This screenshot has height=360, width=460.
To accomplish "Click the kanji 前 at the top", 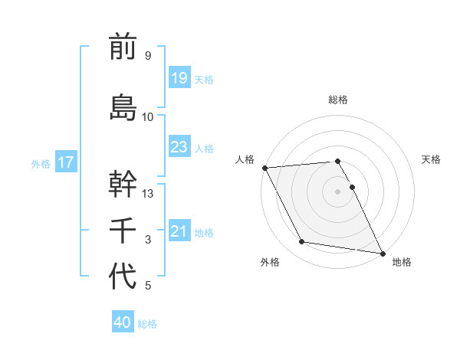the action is pos(123,47).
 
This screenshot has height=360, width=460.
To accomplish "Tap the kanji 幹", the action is pos(123,184).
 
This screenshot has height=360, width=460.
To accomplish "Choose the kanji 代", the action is pos(123,276).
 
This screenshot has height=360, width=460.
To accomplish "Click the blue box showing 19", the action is pos(179,77).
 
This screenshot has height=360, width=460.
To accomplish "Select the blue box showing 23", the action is pos(179,146).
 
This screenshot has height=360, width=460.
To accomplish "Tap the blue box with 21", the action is pos(179,231).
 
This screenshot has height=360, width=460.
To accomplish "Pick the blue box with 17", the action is pos(65,162).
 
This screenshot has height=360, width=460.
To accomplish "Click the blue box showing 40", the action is pos(123,322).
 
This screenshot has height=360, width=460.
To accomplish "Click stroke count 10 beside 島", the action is pos(148,117).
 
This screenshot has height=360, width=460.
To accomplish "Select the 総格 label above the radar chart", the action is pos(338,100).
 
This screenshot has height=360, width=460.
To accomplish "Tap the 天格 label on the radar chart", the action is pos(432,159).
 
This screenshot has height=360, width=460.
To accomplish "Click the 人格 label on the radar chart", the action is pos(245,159).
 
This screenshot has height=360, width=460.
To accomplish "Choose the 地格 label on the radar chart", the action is pos(402,262).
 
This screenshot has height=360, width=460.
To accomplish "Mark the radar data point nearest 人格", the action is pos(264,168).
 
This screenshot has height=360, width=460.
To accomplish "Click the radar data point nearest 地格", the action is pos(382,253).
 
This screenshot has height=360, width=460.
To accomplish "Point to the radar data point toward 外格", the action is pos(302,242).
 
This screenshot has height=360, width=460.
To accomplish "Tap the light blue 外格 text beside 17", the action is pos(41,163).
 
